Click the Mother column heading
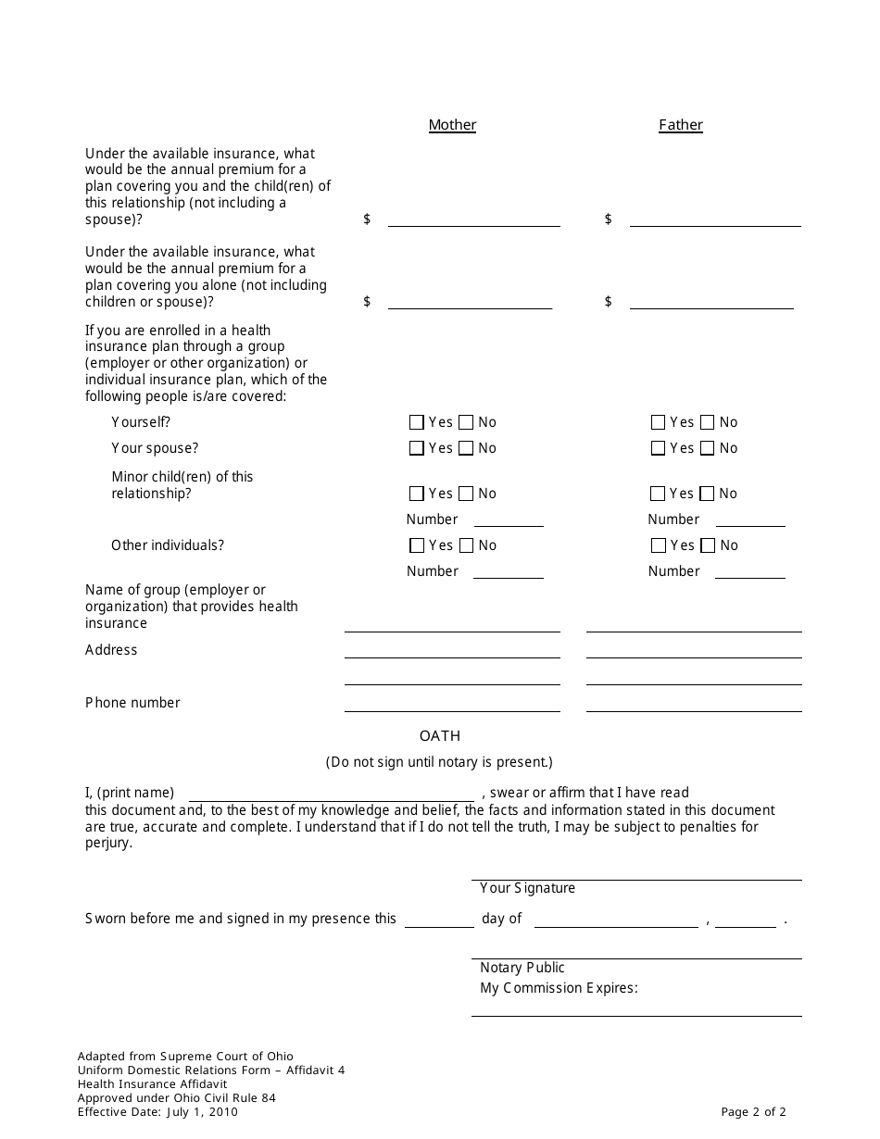(x=452, y=125)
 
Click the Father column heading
(x=681, y=125)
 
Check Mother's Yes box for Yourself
(x=417, y=422)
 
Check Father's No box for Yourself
(x=708, y=422)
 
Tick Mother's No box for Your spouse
(x=466, y=448)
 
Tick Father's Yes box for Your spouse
(x=659, y=448)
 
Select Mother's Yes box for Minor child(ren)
(x=417, y=494)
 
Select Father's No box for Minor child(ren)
(x=708, y=494)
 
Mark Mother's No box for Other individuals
(x=466, y=545)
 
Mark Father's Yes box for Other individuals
(x=659, y=545)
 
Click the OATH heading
(x=440, y=736)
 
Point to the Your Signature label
(x=527, y=888)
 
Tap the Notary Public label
(x=522, y=968)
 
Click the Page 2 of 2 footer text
(x=754, y=1112)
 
